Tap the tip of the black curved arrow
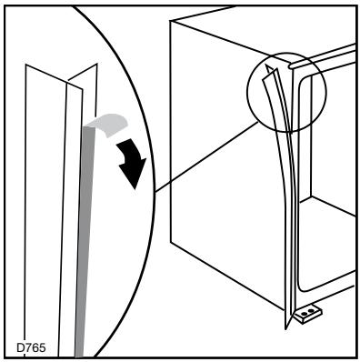coord(135,186)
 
